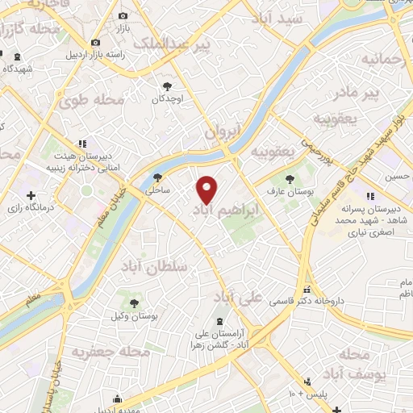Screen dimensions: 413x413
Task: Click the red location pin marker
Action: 207,189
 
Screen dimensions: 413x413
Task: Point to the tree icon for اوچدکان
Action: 167,86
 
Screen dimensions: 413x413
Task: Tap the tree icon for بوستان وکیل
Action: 134,303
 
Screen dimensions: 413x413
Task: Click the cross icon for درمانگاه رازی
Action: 31,195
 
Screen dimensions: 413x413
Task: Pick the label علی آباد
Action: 240,297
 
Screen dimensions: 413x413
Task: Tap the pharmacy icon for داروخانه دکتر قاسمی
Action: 306,289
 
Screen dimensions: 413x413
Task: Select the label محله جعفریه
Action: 111,352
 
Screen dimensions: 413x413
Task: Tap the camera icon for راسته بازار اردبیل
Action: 96,42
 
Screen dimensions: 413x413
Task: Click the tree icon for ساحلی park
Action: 158,178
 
